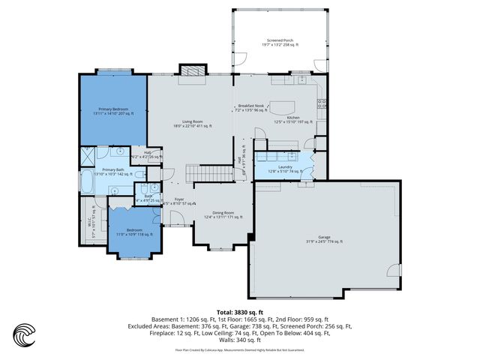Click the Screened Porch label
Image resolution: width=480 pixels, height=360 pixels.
tap(280, 43)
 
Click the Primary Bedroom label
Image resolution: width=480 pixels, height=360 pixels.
tap(111, 111)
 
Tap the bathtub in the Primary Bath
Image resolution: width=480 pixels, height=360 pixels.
tap(88, 181)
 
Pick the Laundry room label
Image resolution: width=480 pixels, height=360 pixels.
tap(285, 169)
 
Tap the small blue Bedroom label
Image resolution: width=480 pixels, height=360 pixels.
tap(134, 231)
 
